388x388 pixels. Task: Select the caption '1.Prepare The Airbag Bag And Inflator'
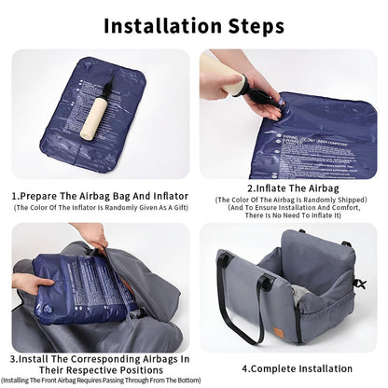click(99, 197)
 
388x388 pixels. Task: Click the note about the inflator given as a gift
click(99, 209)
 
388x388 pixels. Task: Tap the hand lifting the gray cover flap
click(93, 235)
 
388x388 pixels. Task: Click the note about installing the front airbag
click(100, 380)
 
